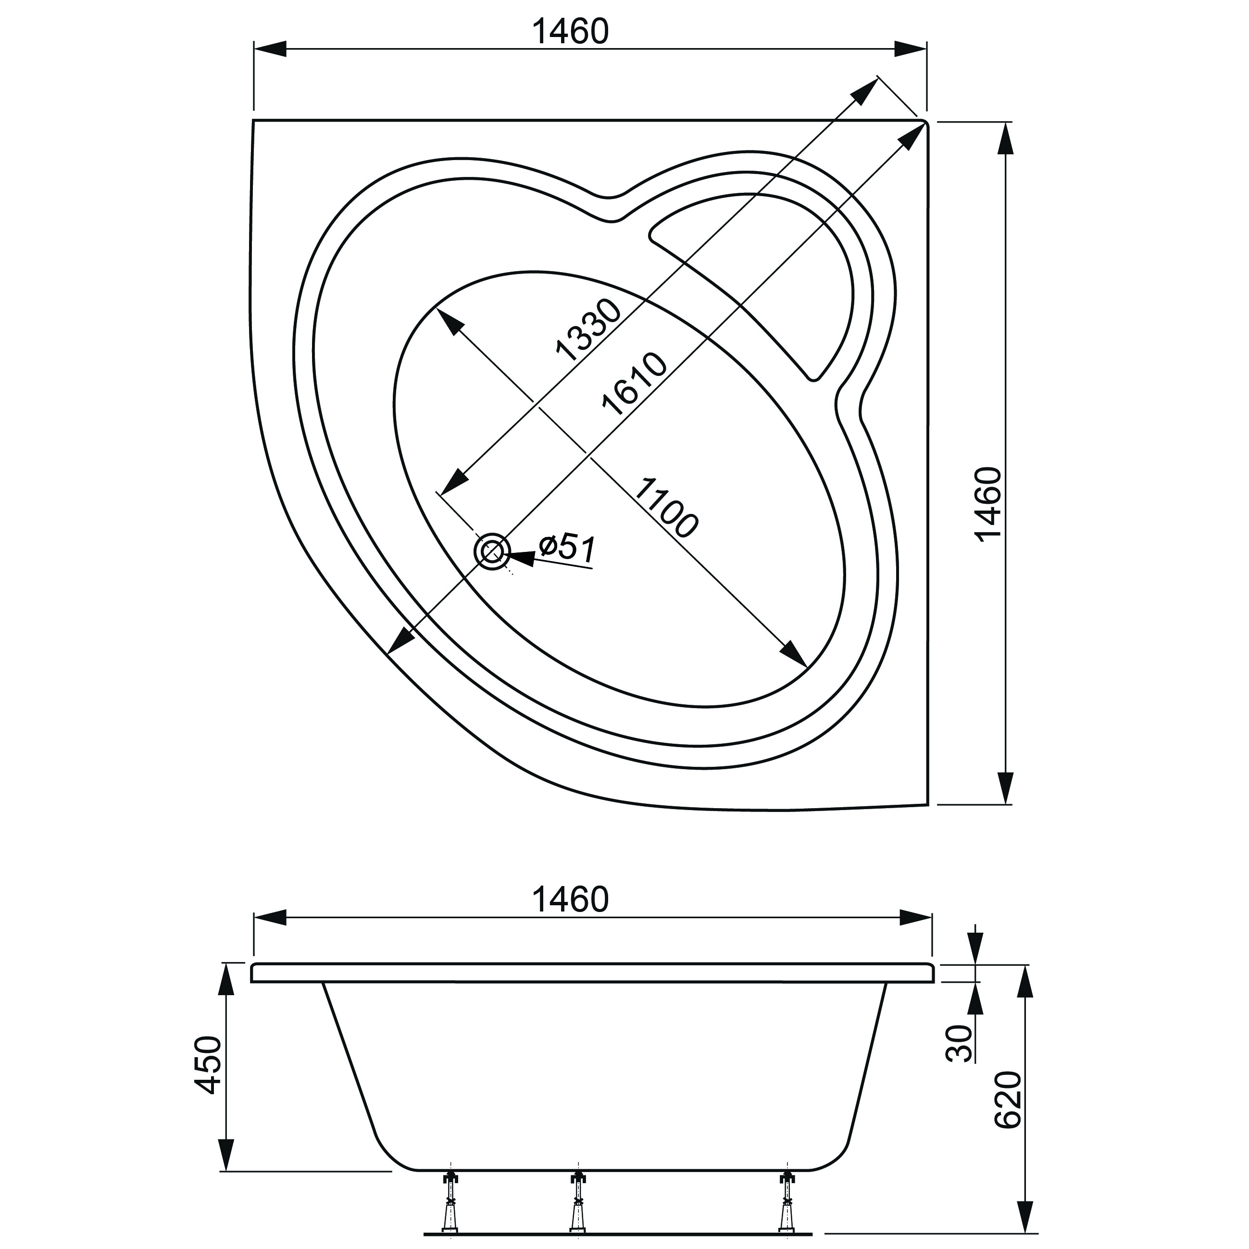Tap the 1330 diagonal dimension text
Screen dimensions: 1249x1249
588,330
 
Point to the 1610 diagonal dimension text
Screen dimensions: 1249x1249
634,384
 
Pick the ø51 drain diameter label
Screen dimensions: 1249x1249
566,548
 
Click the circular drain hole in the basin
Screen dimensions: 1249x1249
492,551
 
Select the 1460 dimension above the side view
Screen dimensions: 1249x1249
570,899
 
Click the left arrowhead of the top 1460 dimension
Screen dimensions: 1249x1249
270,49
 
